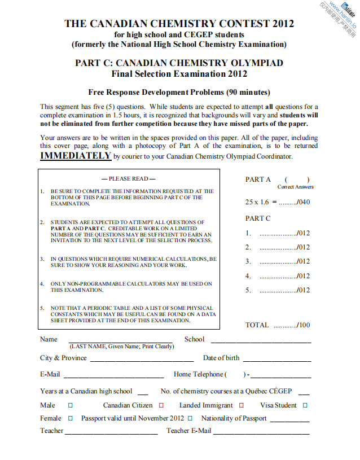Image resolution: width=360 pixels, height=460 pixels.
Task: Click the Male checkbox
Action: point(71,405)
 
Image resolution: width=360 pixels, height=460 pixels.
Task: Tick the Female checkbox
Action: point(71,418)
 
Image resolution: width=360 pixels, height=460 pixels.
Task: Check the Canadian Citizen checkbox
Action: point(161,405)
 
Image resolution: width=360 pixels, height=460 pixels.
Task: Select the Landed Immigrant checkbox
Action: point(241,405)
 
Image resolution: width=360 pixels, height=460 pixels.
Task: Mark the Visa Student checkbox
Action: point(305,405)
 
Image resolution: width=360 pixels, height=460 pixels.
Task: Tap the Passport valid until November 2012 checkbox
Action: point(190,418)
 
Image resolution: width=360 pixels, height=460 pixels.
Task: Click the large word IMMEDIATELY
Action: point(76,156)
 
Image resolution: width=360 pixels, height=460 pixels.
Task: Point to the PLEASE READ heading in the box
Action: point(129,179)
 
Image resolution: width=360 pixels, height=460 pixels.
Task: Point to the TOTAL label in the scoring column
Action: point(257,325)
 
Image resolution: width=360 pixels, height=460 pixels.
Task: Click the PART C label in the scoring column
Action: point(258,218)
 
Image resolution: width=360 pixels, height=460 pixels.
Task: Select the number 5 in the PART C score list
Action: point(248,291)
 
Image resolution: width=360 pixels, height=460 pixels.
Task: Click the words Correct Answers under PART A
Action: point(296,187)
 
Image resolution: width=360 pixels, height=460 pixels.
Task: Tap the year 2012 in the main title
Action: point(283,24)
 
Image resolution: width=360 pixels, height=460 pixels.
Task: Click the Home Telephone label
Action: point(199,374)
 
